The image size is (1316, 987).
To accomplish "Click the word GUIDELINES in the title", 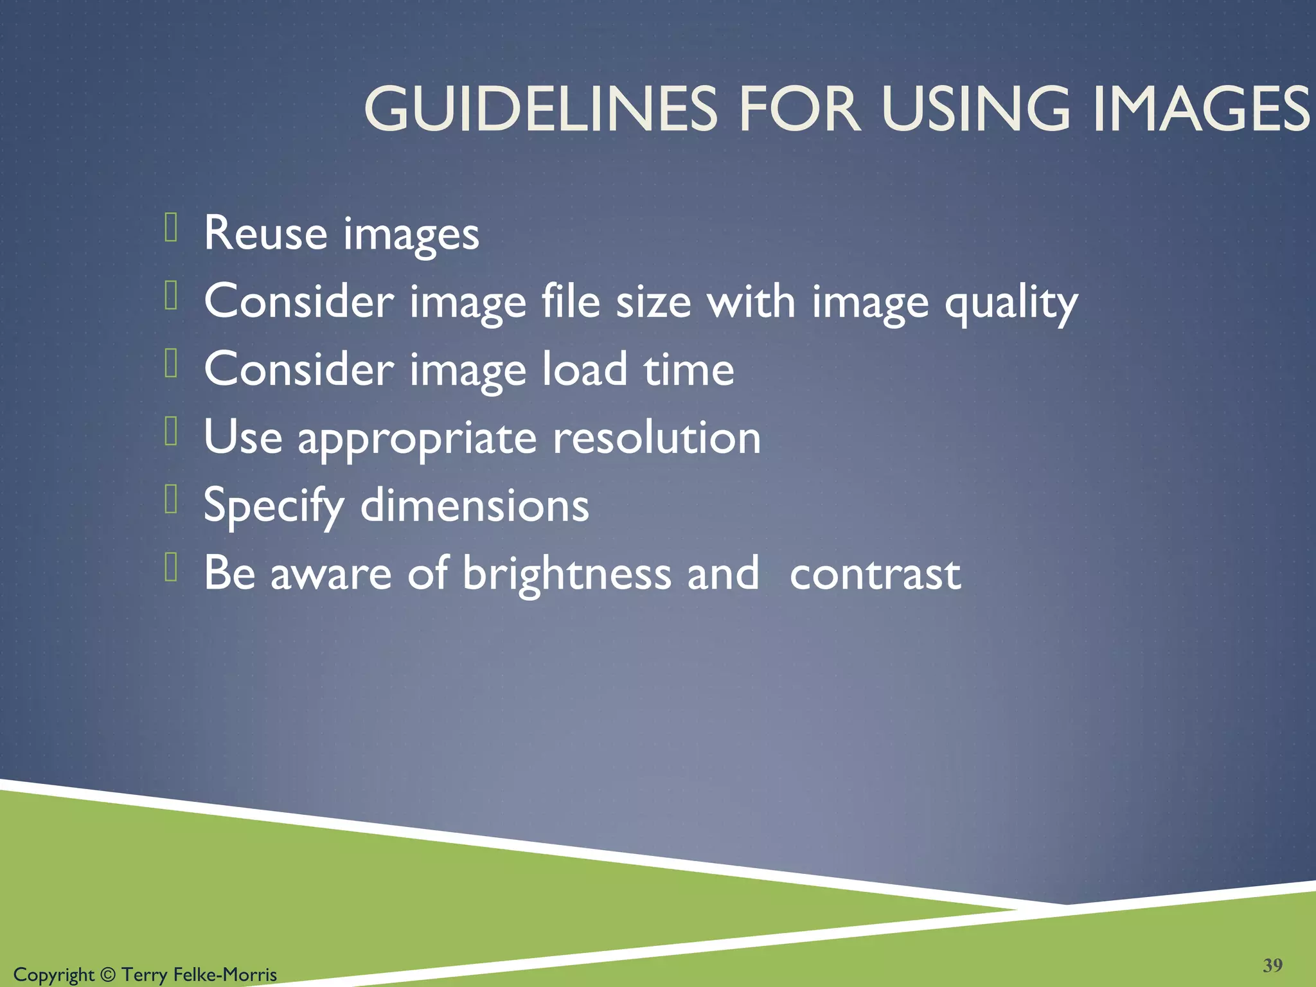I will pos(540,109).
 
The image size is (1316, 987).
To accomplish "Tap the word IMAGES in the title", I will pos(1200,109).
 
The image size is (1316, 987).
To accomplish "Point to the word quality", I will pos(1011,302).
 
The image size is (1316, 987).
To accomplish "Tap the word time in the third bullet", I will pos(689,370).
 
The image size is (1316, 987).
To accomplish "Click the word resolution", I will pos(657,438).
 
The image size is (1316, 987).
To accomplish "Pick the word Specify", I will pos(274,506).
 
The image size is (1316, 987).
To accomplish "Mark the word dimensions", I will pos(474,506).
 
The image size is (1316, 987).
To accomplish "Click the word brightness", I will pos(567,573).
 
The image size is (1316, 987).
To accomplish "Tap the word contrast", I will pos(875,574).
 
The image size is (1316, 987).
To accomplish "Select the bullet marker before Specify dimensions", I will pos(171,499).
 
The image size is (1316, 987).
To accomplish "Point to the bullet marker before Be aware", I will pos(171,567).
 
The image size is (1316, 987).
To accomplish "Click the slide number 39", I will pos(1272,965).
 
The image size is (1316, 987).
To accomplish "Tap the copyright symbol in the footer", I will pos(108,975).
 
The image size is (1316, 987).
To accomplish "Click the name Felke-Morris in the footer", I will pos(225,975).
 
